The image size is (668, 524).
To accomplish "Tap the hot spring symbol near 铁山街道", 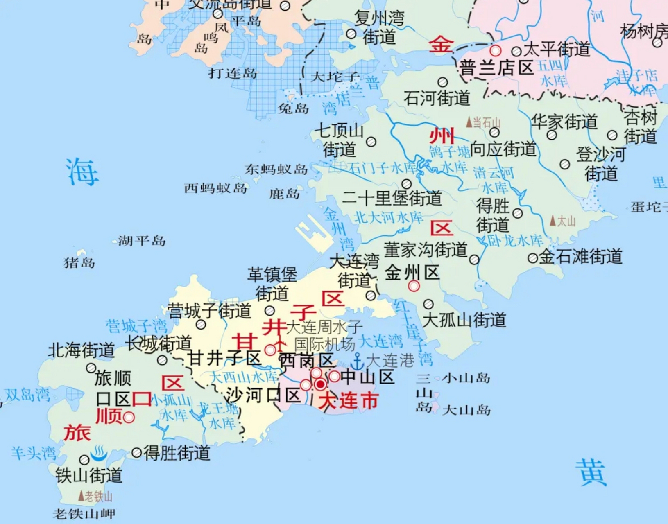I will point(98,453).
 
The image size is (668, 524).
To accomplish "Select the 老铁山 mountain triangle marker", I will point(81,496).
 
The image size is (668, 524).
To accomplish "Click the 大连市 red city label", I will point(349,401).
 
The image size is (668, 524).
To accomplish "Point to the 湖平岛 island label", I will point(142,241).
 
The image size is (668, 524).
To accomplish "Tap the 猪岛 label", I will point(79,262).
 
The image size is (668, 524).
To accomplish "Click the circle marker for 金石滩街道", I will point(532,258).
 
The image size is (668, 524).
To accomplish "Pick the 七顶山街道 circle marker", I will point(371,142).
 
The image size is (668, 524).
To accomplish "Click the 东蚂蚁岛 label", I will point(276,169).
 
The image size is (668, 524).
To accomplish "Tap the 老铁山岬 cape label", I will point(84,514).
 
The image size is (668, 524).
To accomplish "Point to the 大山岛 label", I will point(466,410).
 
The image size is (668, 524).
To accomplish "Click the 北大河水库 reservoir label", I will point(388,217).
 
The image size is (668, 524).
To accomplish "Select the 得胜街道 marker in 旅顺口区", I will point(137,452).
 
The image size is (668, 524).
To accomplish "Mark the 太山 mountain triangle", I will point(553,221).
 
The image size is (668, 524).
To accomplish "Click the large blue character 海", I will point(82,172).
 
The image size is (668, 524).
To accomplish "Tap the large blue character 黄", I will point(591,472).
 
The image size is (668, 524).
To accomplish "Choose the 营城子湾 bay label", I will point(136,326).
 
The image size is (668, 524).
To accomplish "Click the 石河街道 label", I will point(437,98).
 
